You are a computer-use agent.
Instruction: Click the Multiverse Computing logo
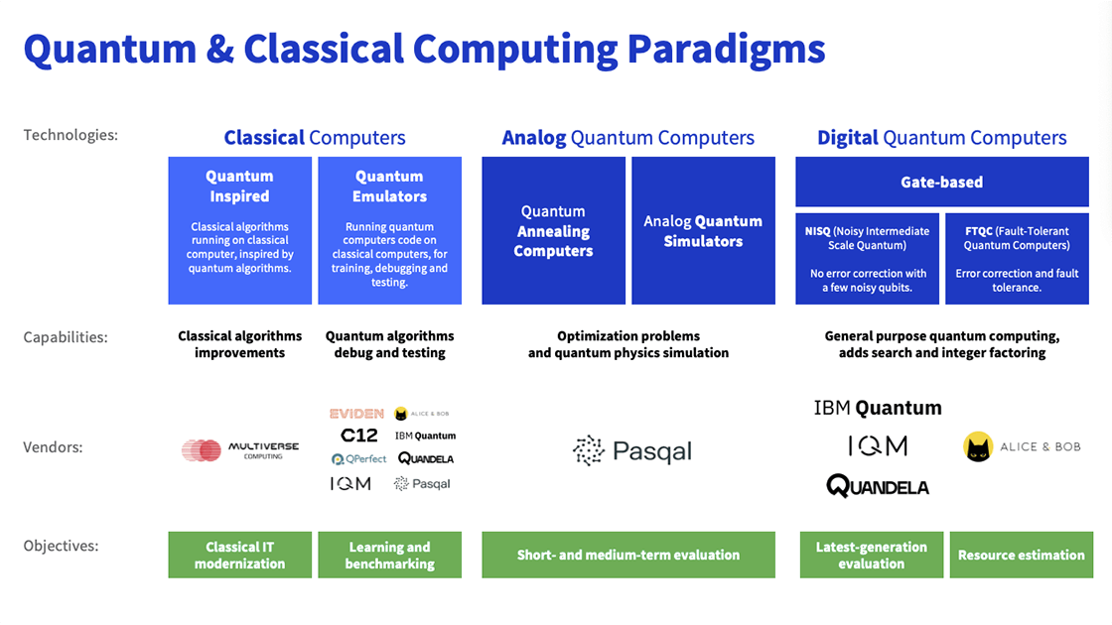click(x=239, y=450)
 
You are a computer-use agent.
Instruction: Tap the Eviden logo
click(x=355, y=414)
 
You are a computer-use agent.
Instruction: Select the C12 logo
click(x=358, y=436)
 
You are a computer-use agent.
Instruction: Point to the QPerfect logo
click(x=358, y=459)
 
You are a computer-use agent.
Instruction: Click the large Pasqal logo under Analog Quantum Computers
click(x=631, y=451)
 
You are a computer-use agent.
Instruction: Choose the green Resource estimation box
click(x=1021, y=556)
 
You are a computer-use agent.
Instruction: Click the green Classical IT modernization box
click(x=239, y=556)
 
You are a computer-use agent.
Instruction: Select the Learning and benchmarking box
click(x=389, y=556)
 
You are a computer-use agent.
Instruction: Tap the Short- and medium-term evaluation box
click(x=627, y=556)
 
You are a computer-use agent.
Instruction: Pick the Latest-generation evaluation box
click(x=871, y=556)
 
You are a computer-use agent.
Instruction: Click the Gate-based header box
click(x=941, y=183)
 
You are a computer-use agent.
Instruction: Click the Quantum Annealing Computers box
click(x=553, y=231)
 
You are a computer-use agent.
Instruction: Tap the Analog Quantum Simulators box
click(x=703, y=231)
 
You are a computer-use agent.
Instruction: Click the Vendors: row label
click(x=53, y=447)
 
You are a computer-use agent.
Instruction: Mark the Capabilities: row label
click(x=66, y=337)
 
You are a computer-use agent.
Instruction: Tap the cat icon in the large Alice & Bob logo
click(x=978, y=447)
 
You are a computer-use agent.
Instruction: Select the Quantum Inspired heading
click(x=239, y=186)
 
